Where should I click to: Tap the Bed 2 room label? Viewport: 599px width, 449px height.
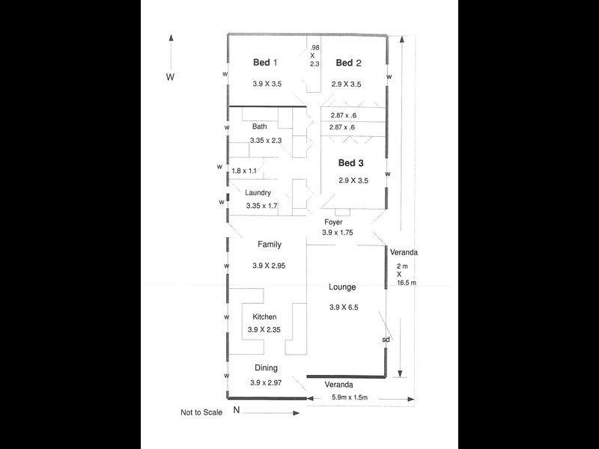click(x=348, y=63)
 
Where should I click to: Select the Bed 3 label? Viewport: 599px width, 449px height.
click(x=351, y=162)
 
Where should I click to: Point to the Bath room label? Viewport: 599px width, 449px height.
click(x=259, y=126)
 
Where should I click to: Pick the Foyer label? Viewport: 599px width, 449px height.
click(x=333, y=222)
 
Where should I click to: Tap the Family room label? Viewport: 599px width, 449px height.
click(x=269, y=245)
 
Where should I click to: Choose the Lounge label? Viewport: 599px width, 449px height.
click(x=342, y=287)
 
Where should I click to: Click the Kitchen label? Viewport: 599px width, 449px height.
click(x=264, y=317)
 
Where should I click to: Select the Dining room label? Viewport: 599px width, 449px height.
click(x=266, y=368)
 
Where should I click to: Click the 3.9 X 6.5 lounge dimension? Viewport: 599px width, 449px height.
click(x=344, y=308)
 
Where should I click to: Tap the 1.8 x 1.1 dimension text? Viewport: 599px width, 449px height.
click(x=244, y=171)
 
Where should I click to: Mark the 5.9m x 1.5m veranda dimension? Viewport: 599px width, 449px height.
click(x=350, y=397)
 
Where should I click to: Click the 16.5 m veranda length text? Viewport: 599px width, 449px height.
click(x=407, y=283)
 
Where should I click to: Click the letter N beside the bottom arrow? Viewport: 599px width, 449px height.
click(x=236, y=409)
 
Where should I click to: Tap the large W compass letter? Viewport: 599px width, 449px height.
click(x=170, y=77)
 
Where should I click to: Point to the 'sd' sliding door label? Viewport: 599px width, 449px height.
click(x=386, y=340)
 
